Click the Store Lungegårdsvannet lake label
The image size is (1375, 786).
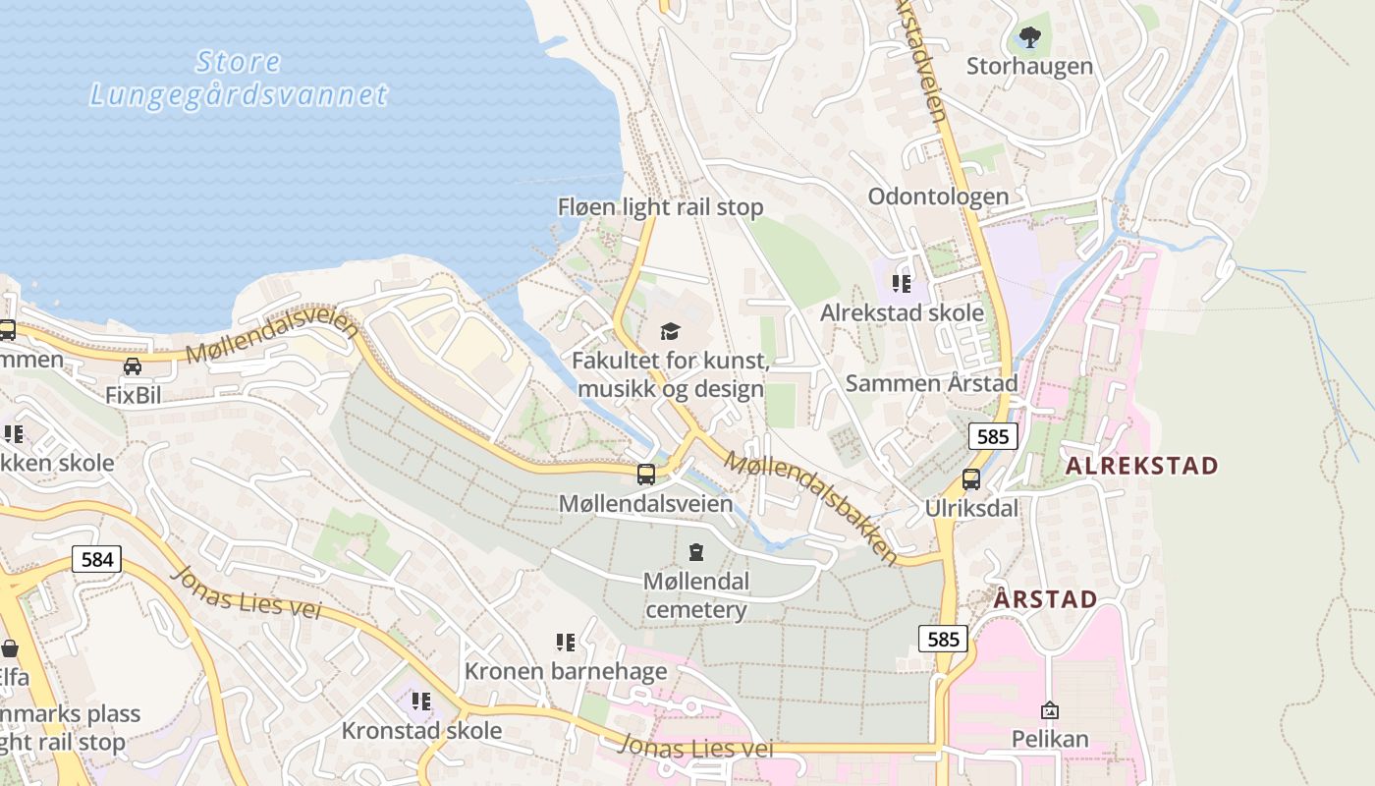pos(239,79)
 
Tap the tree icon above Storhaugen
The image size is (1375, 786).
pos(1029,38)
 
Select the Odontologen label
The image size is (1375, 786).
pos(938,196)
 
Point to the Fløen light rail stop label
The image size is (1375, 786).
pos(660,207)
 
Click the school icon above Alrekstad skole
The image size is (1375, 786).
pos(902,285)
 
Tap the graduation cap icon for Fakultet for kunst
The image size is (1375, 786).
pos(670,331)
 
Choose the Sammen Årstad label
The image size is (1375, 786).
pos(931,383)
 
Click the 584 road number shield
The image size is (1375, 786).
pos(97,560)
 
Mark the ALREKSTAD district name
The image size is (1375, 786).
pos(1141,466)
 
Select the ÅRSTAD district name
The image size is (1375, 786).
pos(1045,599)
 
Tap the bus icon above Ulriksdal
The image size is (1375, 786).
pos(970,479)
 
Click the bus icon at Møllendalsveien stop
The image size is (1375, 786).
pos(646,475)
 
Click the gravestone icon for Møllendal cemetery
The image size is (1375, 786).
pos(696,552)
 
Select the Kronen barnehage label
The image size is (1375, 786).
pos(565,672)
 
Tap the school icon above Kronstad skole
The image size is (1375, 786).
pos(421,702)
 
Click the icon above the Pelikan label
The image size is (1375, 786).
pos(1050,709)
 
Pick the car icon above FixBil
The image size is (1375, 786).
pos(132,366)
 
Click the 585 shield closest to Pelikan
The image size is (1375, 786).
pos(943,640)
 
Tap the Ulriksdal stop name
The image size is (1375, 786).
pos(971,509)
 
